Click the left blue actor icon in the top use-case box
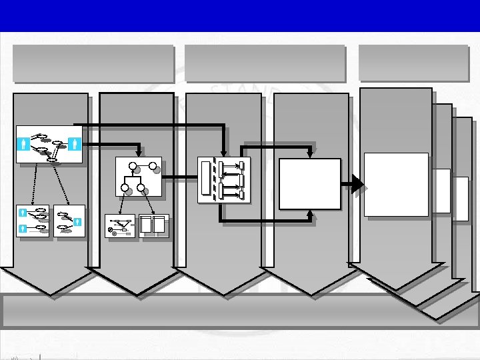(x=25, y=143)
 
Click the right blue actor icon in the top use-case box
(x=73, y=143)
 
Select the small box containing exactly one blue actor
(x=69, y=221)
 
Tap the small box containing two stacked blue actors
(x=32, y=221)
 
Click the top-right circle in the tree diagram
(x=153, y=166)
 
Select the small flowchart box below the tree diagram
(x=120, y=227)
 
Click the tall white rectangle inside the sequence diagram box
(x=205, y=178)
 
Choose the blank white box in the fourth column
(x=310, y=183)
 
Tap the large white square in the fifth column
(x=396, y=184)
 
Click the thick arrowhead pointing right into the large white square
(x=358, y=183)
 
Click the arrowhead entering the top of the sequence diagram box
(x=223, y=154)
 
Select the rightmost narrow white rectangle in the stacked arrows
(x=461, y=199)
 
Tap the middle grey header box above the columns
(x=265, y=63)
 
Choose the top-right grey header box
(x=413, y=63)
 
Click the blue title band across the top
(x=240, y=15)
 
